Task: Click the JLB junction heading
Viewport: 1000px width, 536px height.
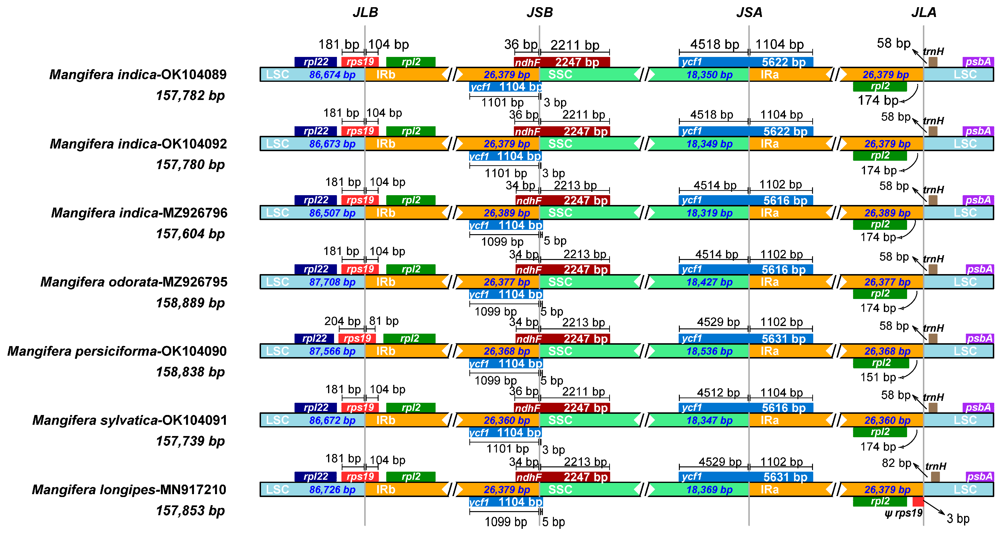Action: click(365, 12)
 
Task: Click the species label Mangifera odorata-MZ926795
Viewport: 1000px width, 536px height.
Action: click(134, 282)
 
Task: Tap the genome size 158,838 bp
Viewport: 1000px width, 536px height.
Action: click(190, 372)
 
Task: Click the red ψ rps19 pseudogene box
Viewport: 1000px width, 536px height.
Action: click(918, 502)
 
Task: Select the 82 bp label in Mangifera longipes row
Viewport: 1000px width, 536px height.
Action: click(896, 463)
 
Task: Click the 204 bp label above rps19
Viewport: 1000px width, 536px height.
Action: click(342, 321)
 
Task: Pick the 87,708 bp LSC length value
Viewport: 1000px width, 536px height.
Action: click(332, 282)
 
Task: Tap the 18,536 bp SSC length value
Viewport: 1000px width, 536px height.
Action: click(709, 351)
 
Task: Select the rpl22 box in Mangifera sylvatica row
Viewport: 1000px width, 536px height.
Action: click(316, 408)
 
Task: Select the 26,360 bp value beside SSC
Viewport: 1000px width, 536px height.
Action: click(507, 420)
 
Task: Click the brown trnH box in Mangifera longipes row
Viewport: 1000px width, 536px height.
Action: click(935, 477)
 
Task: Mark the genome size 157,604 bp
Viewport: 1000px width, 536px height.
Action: click(190, 234)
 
